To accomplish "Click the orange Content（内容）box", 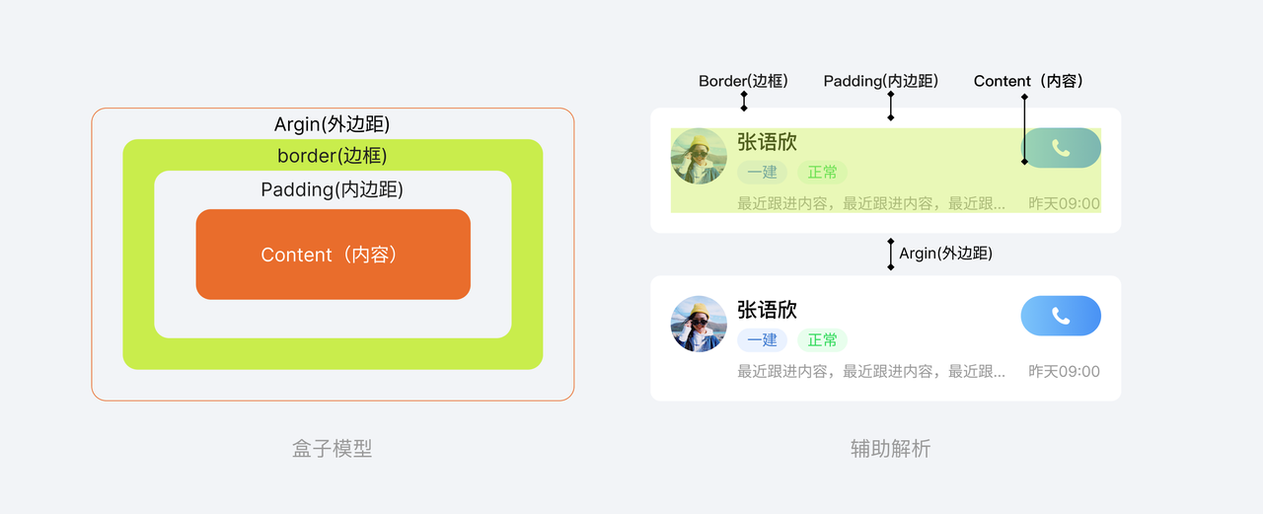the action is point(333,255).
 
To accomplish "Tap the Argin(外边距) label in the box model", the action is point(332,125).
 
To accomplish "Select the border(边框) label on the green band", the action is point(332,156).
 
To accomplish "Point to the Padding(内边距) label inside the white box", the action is point(332,189).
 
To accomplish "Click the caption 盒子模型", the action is point(332,449).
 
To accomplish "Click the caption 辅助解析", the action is point(890,449).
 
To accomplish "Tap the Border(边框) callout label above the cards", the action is point(743,81).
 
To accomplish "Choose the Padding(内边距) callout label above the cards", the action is point(880,81).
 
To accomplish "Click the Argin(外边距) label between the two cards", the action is point(945,254).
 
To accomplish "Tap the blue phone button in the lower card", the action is point(1061,316).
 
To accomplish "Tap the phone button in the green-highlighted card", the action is point(1061,148).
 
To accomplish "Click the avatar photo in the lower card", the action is point(699,324).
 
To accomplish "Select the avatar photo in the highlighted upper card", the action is point(699,156).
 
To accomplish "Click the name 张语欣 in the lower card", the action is point(767,310).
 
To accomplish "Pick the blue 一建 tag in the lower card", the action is point(762,340).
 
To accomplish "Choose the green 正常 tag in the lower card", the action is point(822,340).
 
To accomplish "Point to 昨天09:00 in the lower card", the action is point(1064,372).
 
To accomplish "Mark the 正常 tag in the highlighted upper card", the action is point(822,173).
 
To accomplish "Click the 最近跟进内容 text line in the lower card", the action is point(871,372).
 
